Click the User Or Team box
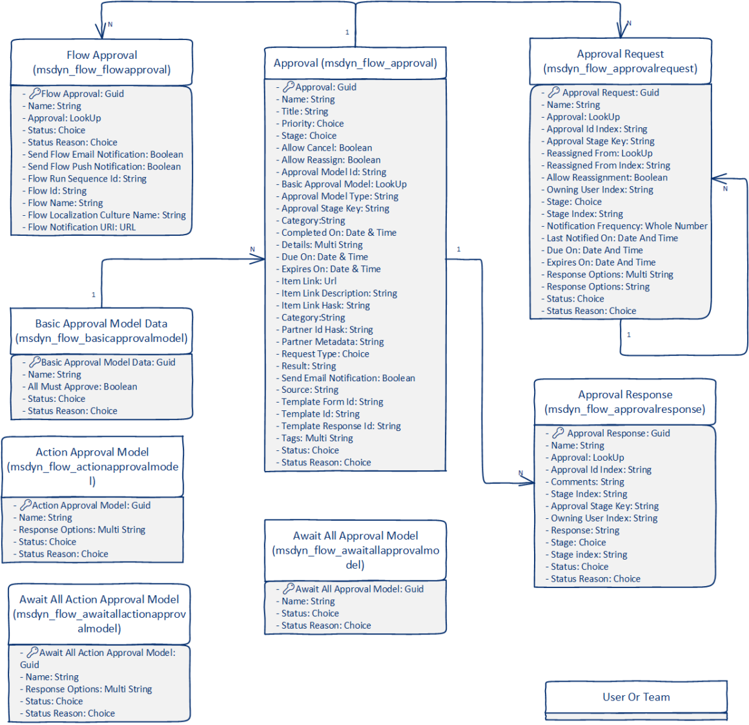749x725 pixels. coord(636,697)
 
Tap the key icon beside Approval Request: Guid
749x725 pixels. coord(554,92)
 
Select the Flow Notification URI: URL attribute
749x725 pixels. coord(81,227)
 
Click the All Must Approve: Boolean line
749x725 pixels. coord(82,387)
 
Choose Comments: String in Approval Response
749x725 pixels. coord(587,482)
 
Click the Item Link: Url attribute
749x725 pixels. coord(309,281)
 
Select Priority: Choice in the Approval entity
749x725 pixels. coord(313,123)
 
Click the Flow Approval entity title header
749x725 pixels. coord(102,62)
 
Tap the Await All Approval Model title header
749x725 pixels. coord(355,550)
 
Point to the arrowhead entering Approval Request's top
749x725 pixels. coord(622,31)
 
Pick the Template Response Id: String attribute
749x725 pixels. coord(340,426)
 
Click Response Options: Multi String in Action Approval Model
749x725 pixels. coord(82,530)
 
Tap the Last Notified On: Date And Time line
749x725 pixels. coord(612,238)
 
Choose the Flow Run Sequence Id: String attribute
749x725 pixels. coord(87,179)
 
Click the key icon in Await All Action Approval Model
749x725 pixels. coord(32,653)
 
